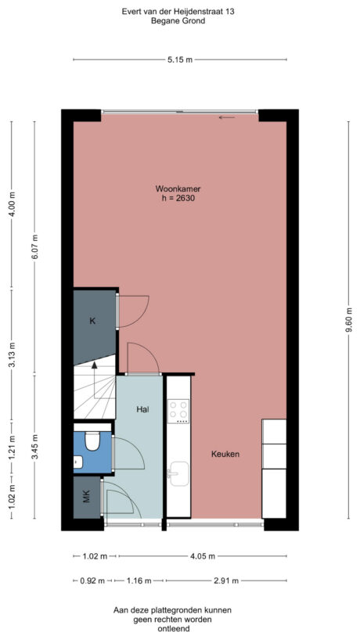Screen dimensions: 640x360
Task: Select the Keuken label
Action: (x=225, y=454)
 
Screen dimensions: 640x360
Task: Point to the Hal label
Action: (x=142, y=408)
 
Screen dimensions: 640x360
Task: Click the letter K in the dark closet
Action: (x=92, y=322)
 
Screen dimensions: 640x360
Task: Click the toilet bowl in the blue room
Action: (x=92, y=443)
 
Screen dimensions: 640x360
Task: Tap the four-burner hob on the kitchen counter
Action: (x=179, y=410)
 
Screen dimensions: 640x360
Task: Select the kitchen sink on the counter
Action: (x=178, y=472)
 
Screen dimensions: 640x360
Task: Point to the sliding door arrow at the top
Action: (x=227, y=118)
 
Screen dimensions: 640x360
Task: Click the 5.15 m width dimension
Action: (x=179, y=59)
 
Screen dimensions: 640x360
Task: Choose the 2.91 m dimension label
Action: (x=225, y=581)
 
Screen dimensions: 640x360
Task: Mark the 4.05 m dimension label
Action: (x=201, y=557)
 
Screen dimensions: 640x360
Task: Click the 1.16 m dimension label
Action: (x=141, y=581)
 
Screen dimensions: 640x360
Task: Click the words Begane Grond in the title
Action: (x=179, y=22)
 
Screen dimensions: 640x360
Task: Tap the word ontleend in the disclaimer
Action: (x=179, y=629)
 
